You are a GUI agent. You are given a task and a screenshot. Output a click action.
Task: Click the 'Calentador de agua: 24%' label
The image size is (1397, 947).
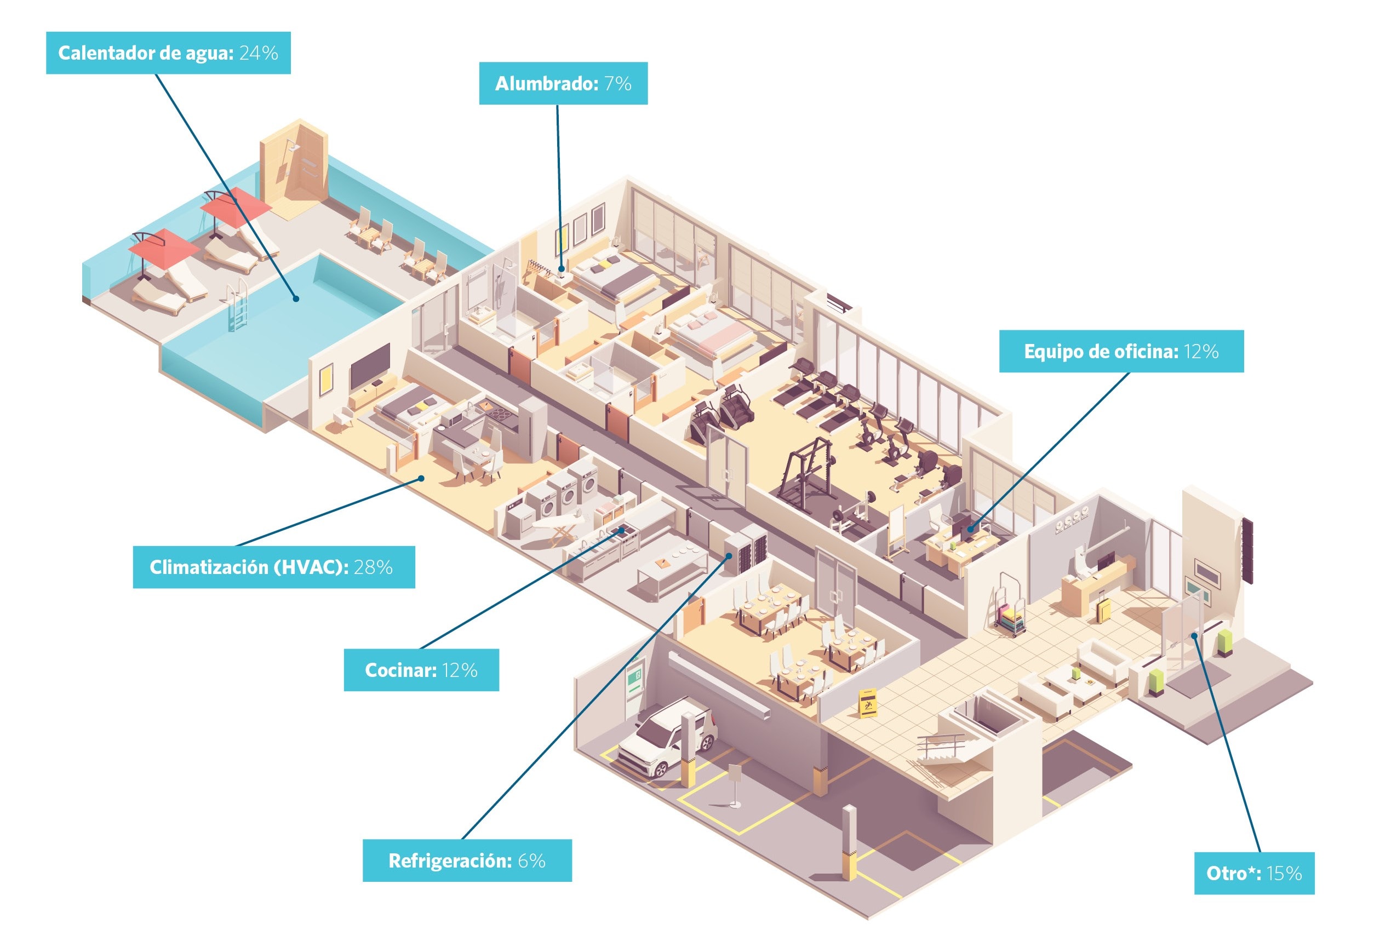[168, 53]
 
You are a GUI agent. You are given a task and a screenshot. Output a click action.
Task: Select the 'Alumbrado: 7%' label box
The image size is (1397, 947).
[563, 83]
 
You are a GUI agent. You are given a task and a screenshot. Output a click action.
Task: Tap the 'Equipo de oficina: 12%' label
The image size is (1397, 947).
[1121, 351]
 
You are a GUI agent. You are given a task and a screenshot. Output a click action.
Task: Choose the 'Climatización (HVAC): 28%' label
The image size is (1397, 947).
[273, 567]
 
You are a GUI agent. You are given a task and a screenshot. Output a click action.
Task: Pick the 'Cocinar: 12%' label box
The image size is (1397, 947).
[421, 669]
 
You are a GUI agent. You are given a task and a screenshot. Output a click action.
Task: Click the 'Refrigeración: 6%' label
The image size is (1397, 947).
[467, 860]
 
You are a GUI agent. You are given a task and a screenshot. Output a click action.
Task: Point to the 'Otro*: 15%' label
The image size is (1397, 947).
[1254, 873]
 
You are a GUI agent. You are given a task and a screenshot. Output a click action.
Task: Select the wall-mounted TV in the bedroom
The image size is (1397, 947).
[370, 365]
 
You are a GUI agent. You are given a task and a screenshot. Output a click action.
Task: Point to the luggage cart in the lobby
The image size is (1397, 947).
[1007, 605]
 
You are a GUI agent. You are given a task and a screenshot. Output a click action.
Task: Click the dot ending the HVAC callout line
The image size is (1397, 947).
[421, 478]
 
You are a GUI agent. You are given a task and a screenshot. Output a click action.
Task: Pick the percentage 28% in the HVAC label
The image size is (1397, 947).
[373, 567]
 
